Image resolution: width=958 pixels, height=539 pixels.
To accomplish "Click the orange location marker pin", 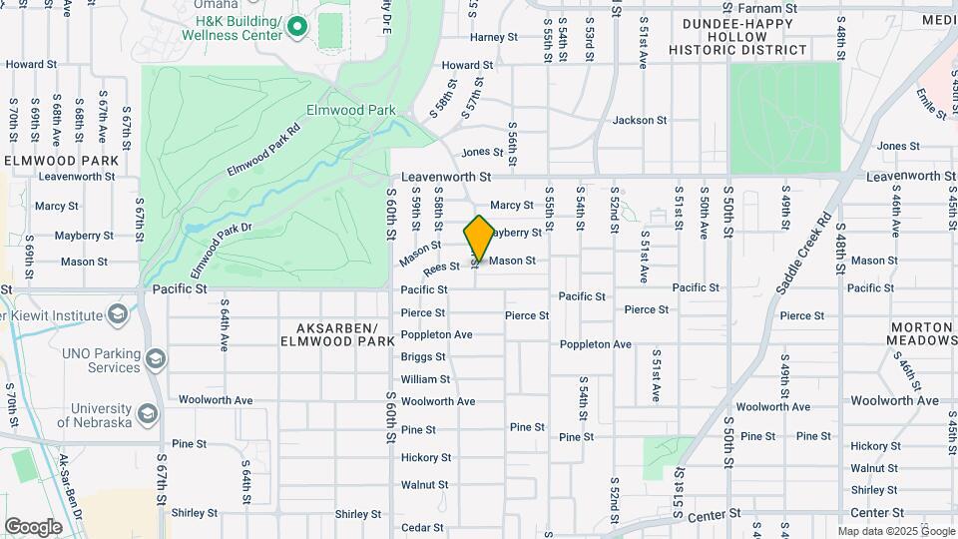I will (479, 238).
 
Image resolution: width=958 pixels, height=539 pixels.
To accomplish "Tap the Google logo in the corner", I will (33, 526).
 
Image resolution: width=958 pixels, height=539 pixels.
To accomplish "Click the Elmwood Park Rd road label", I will (262, 151).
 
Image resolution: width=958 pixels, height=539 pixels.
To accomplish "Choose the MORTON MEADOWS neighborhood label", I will (922, 333).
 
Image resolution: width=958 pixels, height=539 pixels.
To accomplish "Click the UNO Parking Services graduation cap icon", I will (155, 358).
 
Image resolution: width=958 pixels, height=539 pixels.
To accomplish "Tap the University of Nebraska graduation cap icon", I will (148, 413).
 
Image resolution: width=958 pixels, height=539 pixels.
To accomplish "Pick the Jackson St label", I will (640, 120).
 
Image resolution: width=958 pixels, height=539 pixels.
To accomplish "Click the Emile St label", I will (929, 100).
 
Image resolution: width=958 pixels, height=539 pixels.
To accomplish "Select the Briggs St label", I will (423, 356).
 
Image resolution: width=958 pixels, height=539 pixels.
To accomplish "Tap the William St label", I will (425, 379).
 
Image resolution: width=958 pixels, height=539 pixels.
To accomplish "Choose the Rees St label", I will (441, 267).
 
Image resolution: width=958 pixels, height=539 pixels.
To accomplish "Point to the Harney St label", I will (494, 38).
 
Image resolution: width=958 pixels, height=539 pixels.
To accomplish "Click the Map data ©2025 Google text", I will (895, 531).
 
